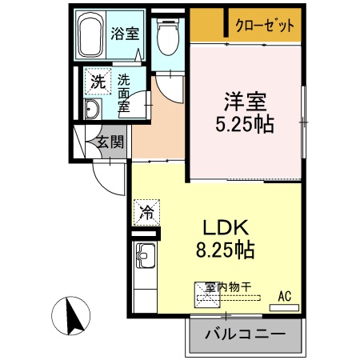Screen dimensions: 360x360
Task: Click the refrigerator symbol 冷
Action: (x=146, y=213)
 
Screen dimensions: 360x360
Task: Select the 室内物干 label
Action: (x=227, y=286)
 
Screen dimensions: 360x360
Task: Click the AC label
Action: (x=284, y=296)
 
